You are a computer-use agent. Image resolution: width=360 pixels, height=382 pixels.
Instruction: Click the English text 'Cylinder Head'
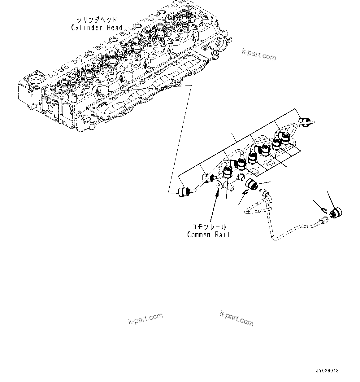click(x=97, y=28)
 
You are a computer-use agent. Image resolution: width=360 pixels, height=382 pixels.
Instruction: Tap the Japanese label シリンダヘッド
click(x=97, y=20)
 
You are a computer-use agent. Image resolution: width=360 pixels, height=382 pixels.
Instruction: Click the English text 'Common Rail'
click(x=208, y=235)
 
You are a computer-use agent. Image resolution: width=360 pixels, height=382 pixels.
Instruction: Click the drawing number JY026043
click(x=327, y=371)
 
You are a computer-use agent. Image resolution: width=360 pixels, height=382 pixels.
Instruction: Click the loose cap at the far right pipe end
click(x=336, y=213)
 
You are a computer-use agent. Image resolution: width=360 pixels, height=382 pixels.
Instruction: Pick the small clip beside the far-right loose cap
click(x=323, y=211)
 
